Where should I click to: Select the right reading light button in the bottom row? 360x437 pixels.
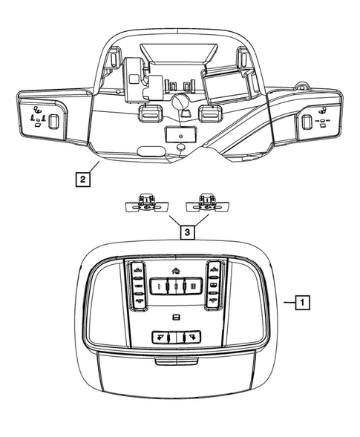click(x=192, y=336)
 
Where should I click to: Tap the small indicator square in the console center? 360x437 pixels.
click(x=177, y=318)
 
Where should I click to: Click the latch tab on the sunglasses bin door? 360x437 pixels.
click(x=177, y=363)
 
